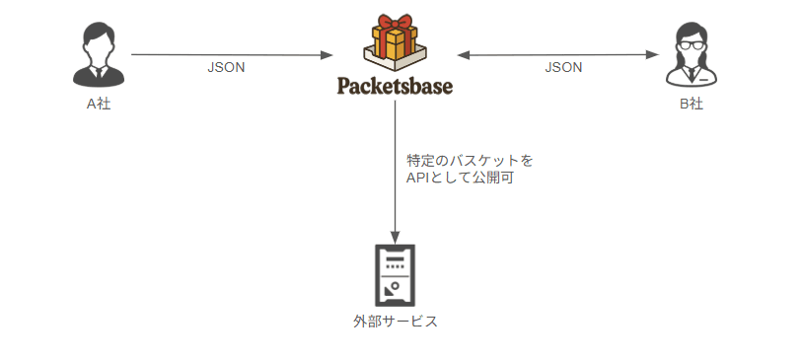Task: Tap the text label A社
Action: pyautogui.click(x=98, y=104)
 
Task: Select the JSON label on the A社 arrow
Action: pyautogui.click(x=226, y=68)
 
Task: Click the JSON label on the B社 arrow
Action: pyautogui.click(x=563, y=68)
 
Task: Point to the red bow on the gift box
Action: pyautogui.click(x=394, y=21)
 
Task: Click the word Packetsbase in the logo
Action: pyautogui.click(x=395, y=86)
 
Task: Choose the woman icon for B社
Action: pyautogui.click(x=691, y=55)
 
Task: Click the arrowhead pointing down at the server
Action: pyautogui.click(x=395, y=238)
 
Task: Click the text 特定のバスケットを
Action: pyautogui.click(x=470, y=160)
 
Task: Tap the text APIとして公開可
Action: pyautogui.click(x=460, y=179)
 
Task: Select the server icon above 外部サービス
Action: pyautogui.click(x=395, y=275)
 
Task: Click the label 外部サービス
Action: pyautogui.click(x=395, y=322)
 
